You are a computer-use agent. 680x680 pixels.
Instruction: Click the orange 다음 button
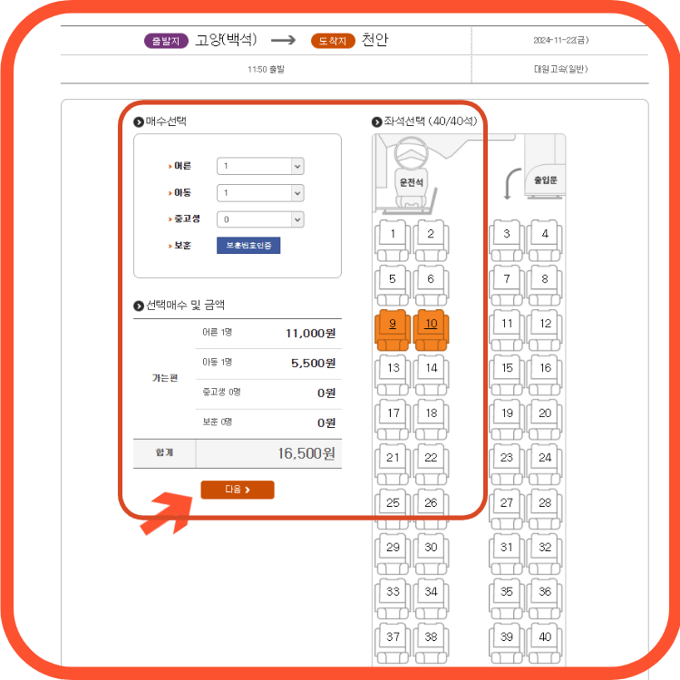tap(237, 490)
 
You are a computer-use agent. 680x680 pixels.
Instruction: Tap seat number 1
tap(393, 235)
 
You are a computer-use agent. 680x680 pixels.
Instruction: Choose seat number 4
tap(545, 235)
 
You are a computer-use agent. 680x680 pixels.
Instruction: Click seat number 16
tap(545, 369)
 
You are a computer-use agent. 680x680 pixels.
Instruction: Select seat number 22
tap(431, 459)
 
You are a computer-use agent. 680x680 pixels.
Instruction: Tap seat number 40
tap(545, 637)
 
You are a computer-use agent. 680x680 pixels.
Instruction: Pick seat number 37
tap(393, 637)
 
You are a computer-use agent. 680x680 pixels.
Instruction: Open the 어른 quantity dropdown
tap(260, 167)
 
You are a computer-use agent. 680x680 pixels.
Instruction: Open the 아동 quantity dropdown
tap(260, 193)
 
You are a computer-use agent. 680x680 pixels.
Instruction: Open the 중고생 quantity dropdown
tap(260, 219)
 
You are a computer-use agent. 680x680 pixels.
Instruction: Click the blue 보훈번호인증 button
tap(248, 246)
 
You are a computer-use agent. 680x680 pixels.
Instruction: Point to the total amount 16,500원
tap(306, 453)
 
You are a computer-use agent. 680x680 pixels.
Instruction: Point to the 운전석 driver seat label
tap(412, 182)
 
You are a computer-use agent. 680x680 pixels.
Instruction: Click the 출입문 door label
tap(545, 180)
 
